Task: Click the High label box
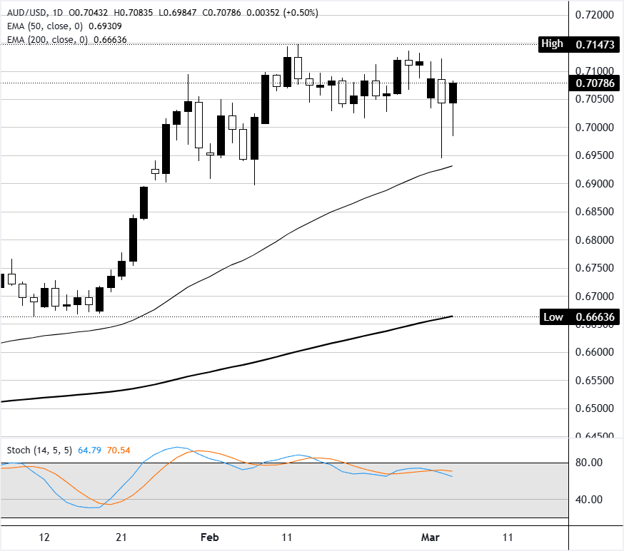point(552,44)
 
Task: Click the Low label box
point(552,316)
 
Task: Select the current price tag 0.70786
point(595,83)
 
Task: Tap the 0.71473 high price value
point(595,44)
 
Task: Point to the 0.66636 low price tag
point(595,316)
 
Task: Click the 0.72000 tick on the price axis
point(595,15)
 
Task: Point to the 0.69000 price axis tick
point(595,184)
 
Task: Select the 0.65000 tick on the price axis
point(595,408)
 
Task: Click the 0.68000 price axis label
point(595,240)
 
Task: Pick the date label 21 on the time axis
point(122,537)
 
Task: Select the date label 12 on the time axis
point(44,537)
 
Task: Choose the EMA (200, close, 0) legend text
point(47,40)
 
